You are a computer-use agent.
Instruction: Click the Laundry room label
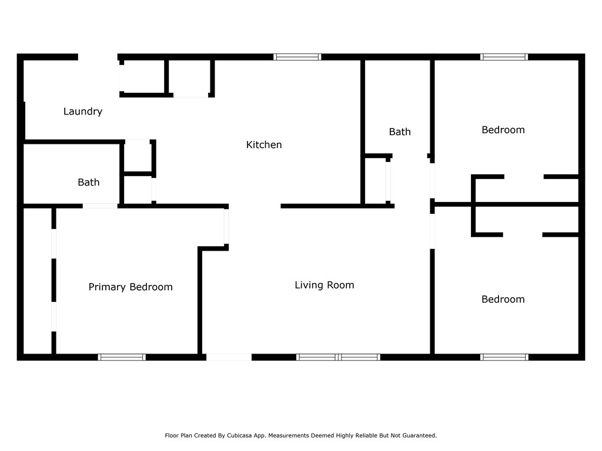(x=83, y=112)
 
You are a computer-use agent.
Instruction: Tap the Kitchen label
(x=264, y=144)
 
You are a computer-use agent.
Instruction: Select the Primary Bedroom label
(x=131, y=287)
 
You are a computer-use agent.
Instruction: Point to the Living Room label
(x=325, y=285)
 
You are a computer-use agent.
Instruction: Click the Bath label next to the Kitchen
(x=400, y=132)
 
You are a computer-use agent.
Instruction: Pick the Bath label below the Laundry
(x=89, y=182)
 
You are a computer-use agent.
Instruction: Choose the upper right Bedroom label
(x=503, y=130)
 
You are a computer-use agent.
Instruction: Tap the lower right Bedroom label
(x=503, y=299)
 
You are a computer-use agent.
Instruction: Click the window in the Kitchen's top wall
(x=297, y=57)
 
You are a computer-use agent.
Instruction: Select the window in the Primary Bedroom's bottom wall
(x=122, y=358)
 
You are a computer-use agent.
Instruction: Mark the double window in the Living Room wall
(x=338, y=358)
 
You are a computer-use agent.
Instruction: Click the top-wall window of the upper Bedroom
(x=504, y=57)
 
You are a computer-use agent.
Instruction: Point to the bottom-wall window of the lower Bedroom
(x=504, y=358)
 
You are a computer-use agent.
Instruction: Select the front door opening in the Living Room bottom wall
(x=229, y=358)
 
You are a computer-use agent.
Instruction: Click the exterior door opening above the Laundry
(x=98, y=57)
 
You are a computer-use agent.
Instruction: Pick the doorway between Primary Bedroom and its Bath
(x=100, y=206)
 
